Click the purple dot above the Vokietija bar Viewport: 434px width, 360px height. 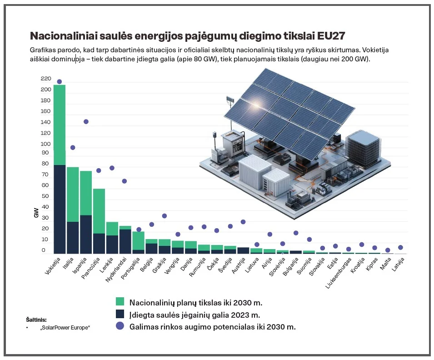60,82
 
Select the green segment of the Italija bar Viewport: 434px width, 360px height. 73,194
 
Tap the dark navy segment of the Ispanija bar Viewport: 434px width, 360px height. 86,234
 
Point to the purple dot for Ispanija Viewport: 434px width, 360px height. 86,121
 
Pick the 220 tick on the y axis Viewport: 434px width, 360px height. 46,79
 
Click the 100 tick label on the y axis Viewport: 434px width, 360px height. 46,144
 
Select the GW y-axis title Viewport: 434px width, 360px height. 36,212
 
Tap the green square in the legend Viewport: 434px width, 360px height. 120,302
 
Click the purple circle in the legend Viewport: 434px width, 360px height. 120,326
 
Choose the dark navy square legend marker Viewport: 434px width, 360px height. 120,314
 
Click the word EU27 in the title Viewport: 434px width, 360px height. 331,36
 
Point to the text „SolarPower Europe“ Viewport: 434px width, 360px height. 65,327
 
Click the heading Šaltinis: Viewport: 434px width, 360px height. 36,319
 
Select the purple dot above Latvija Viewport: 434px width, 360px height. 400,248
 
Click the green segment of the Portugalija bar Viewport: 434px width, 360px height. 138,240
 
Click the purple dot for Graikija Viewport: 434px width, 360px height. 165,216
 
